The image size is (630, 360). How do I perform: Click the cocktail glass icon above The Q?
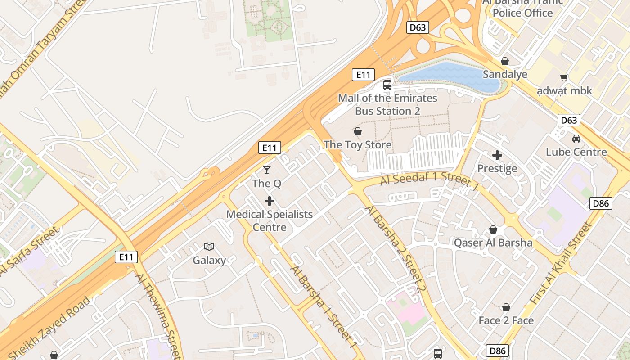(267, 170)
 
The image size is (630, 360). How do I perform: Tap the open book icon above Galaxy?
(209, 246)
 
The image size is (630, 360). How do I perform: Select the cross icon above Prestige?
(497, 155)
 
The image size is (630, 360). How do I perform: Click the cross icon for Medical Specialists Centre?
(270, 201)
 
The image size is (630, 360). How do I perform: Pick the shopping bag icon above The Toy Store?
(358, 131)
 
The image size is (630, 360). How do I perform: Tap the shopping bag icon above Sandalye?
(505, 61)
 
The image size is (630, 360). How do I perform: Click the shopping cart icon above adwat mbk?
(564, 77)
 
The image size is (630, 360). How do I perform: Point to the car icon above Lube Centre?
(576, 138)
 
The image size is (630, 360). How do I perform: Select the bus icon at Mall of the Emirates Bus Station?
(387, 85)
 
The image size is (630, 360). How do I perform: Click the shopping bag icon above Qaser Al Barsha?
(493, 229)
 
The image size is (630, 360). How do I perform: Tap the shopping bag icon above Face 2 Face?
(506, 307)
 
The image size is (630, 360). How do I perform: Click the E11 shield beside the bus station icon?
(363, 75)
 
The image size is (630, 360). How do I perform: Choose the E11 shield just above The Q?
(270, 148)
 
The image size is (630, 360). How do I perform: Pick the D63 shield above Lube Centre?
(569, 120)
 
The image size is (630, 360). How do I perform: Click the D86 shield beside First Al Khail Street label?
(601, 203)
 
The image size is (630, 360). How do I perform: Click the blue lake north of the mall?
(450, 74)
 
